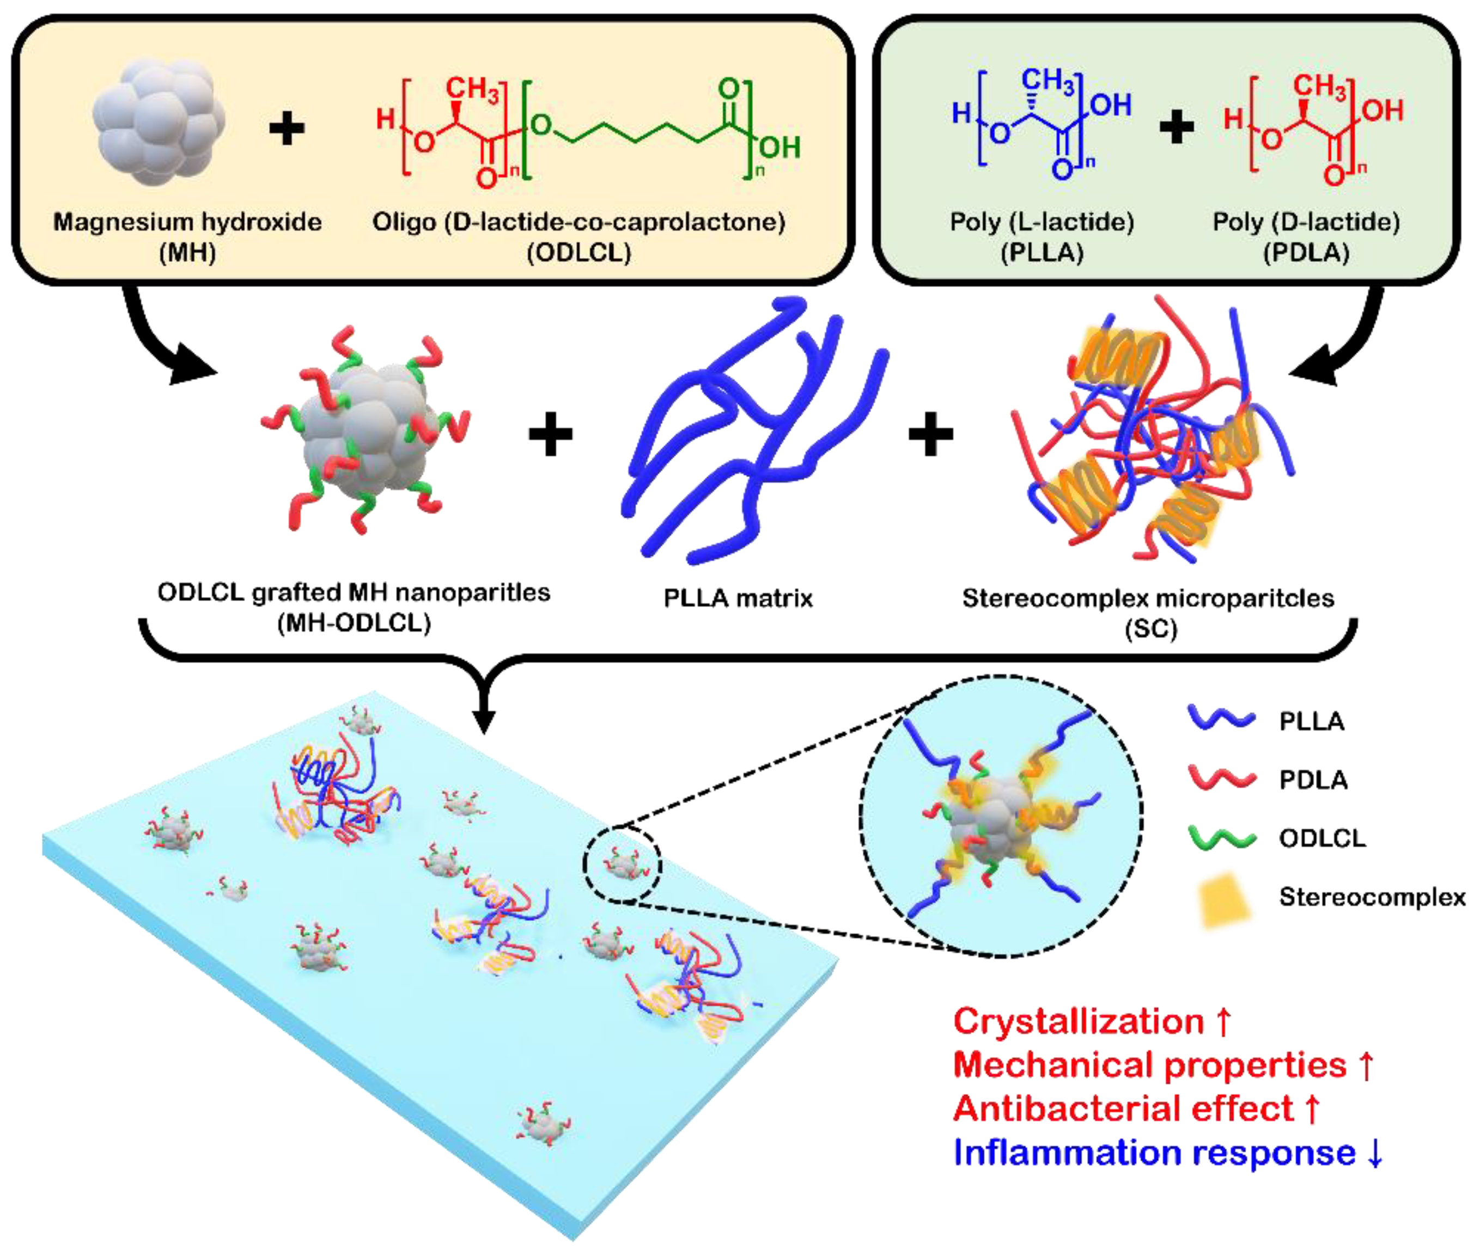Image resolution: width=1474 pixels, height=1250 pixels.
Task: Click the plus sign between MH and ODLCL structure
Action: click(x=287, y=129)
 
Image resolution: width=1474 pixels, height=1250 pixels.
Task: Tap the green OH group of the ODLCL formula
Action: click(x=780, y=148)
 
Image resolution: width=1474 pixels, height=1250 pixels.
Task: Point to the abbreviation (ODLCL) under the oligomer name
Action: click(x=578, y=253)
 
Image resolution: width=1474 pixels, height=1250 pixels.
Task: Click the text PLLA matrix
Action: click(x=738, y=598)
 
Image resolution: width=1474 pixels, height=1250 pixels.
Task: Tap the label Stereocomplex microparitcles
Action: click(x=1147, y=598)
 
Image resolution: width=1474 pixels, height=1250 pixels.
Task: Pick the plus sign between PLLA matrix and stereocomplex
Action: click(x=930, y=434)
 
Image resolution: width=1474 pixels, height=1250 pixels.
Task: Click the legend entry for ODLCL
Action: click(x=1321, y=838)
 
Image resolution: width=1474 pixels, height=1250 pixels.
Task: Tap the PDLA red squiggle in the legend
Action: click(x=1221, y=778)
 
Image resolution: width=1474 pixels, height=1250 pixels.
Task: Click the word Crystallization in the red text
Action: click(x=1077, y=1021)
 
